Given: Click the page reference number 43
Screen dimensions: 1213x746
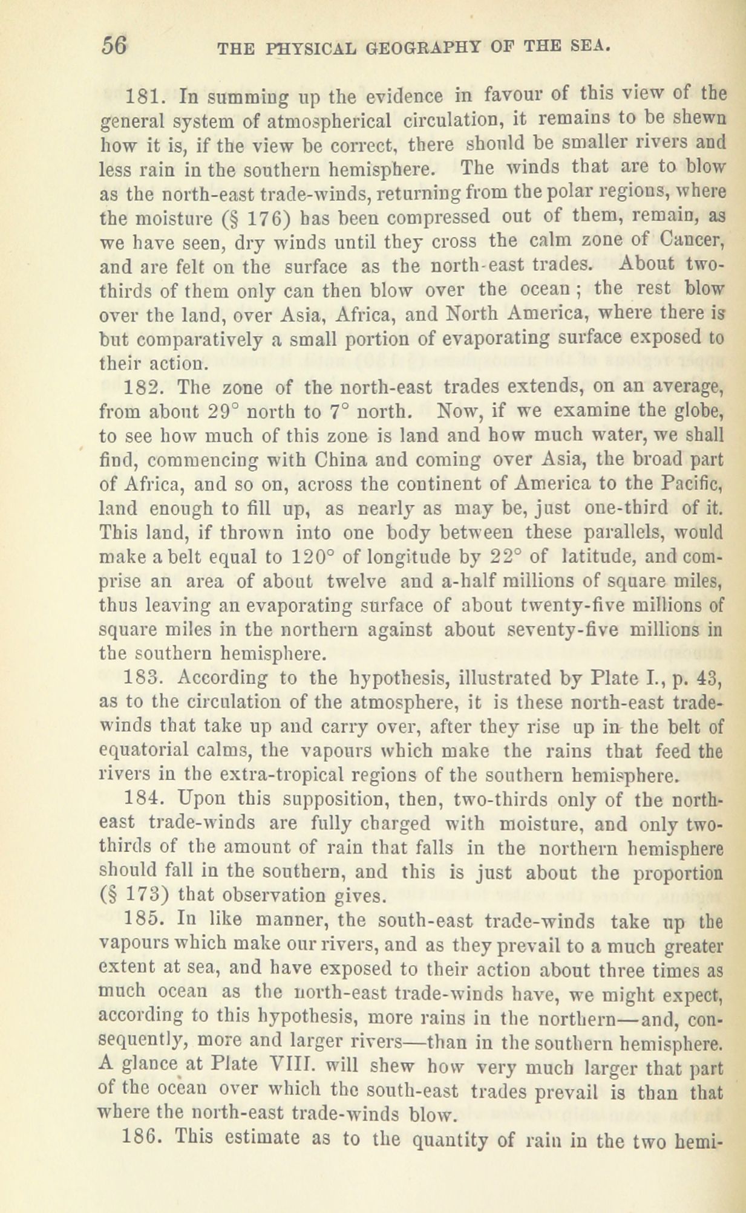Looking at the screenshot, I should point(707,677).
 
